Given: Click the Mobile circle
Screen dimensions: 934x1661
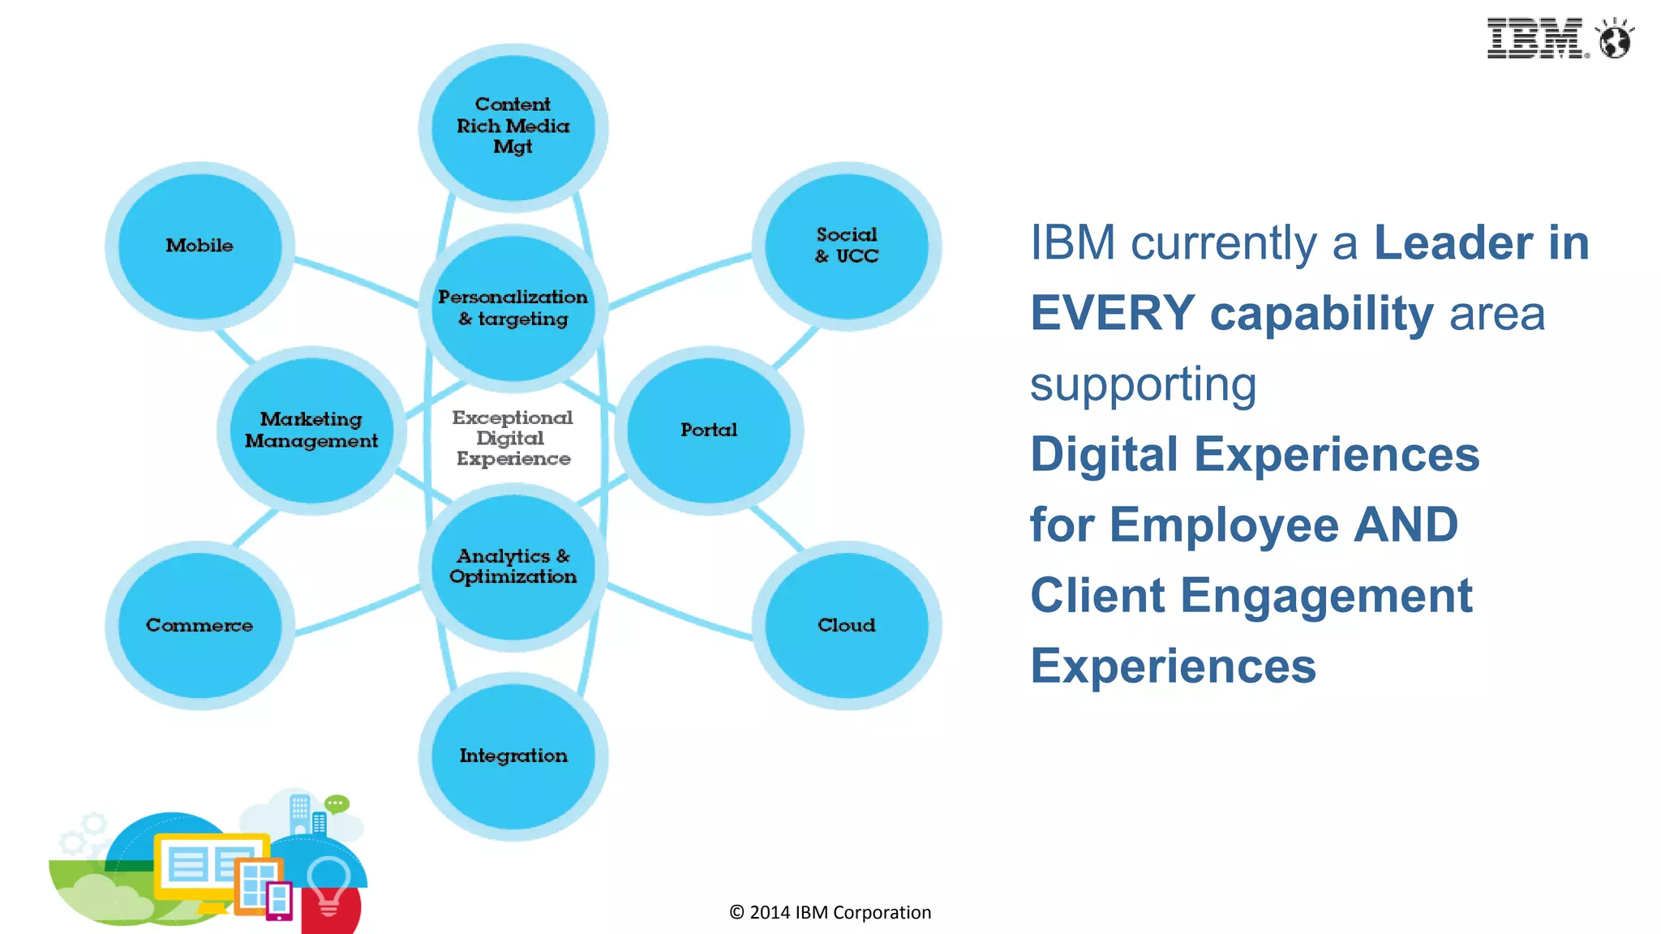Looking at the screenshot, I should (200, 246).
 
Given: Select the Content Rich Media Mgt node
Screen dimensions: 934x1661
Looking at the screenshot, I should (513, 126).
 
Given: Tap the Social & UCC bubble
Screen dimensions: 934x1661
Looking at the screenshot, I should (846, 246).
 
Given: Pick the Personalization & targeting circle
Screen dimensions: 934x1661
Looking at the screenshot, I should (513, 308).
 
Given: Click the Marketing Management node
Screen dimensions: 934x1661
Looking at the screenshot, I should (311, 430).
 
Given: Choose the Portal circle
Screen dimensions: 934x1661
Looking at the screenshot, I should (709, 430).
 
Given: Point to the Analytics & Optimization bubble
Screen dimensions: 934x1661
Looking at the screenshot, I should (513, 566).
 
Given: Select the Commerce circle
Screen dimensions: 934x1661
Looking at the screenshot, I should (200, 625).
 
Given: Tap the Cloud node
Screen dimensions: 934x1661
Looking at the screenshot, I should (846, 625).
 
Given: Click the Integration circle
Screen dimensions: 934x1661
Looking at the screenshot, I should (513, 756).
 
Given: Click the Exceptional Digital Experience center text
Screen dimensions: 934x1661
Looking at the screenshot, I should (513, 438).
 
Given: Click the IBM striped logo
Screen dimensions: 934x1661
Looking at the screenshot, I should (1535, 38).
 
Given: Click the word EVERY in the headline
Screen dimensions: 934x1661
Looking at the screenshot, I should (1112, 314).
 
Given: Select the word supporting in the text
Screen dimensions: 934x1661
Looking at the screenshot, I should (1143, 384).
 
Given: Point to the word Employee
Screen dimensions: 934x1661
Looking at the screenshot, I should (1224, 525).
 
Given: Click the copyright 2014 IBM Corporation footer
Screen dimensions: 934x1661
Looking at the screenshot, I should (830, 912).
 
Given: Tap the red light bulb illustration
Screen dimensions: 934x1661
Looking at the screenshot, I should (329, 892).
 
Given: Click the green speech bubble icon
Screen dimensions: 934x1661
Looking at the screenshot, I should (337, 803).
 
